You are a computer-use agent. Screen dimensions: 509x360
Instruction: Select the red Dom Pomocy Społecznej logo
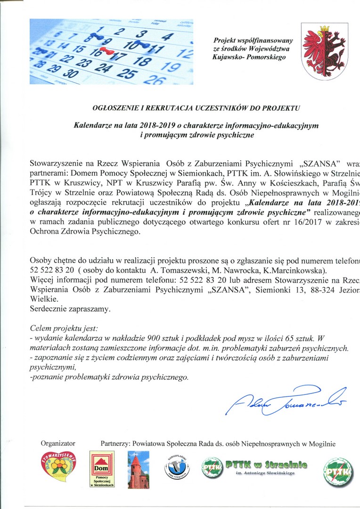coord(102,469)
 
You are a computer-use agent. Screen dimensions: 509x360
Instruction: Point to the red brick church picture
coord(138,469)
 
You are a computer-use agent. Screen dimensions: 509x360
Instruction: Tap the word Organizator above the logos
coord(58,443)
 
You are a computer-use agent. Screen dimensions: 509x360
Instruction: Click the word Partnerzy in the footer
coord(116,443)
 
